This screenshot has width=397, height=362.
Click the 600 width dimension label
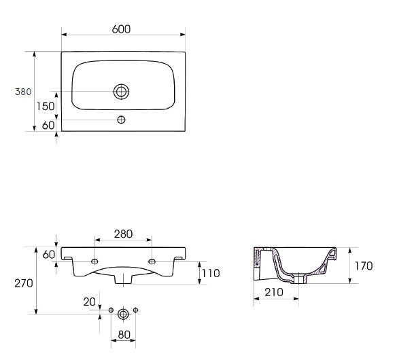coord(121,29)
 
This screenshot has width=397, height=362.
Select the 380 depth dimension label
coord(23,92)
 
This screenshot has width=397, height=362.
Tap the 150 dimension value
coord(46,106)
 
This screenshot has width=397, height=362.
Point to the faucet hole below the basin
coord(121,120)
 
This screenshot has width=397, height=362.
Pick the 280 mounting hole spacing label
coord(123,234)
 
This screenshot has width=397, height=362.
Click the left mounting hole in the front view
coord(94,261)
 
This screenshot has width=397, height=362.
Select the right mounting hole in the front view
coord(152,261)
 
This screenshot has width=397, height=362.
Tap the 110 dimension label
coord(211,273)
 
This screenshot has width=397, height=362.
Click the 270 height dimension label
coord(24,284)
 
